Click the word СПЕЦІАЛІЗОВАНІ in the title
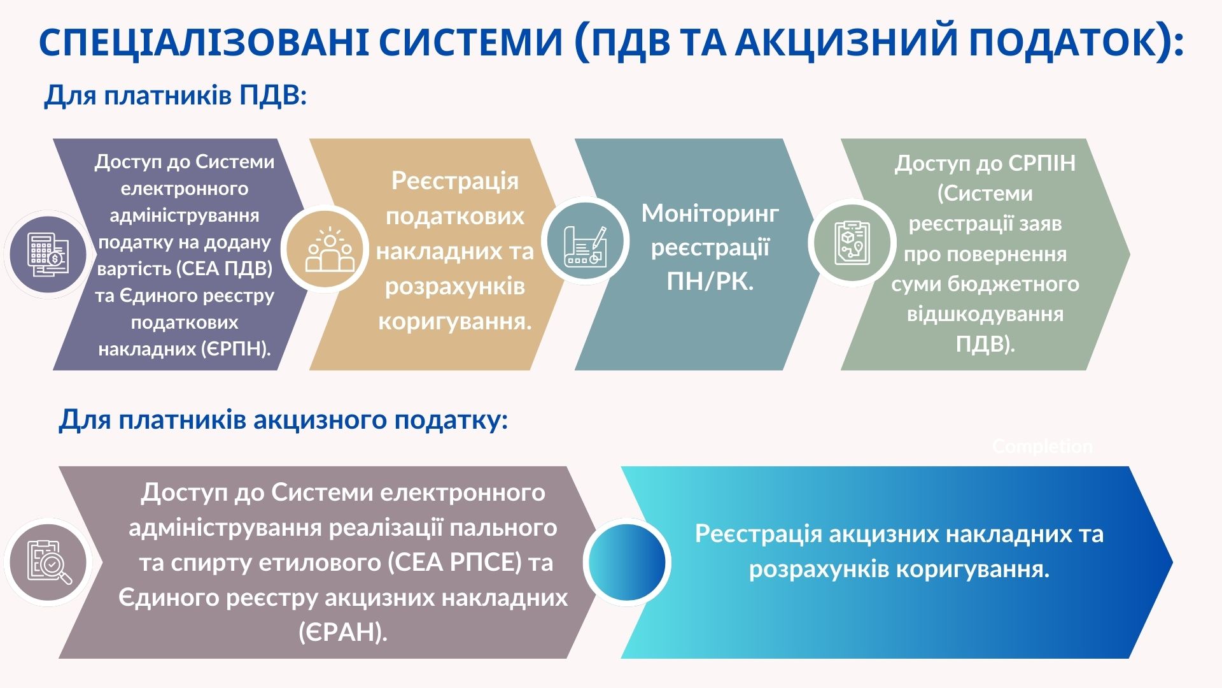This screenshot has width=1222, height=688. [x=204, y=42]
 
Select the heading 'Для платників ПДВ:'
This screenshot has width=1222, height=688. [x=175, y=96]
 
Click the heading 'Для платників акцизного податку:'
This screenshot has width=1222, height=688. [x=283, y=420]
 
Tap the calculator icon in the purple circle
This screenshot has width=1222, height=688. [x=48, y=254]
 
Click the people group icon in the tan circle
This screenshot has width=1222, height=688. [x=330, y=249]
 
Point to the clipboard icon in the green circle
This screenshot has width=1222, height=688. [x=852, y=243]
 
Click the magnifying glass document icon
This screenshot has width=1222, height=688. [x=48, y=562]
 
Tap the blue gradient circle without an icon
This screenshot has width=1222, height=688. [x=627, y=562]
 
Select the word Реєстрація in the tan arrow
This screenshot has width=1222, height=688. [x=454, y=181]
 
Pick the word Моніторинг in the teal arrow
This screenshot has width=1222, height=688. [x=710, y=213]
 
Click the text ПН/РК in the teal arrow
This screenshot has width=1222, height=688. [x=710, y=281]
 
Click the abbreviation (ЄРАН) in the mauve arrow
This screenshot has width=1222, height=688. [x=342, y=633]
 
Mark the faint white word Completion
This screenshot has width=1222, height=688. [x=1042, y=447]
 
